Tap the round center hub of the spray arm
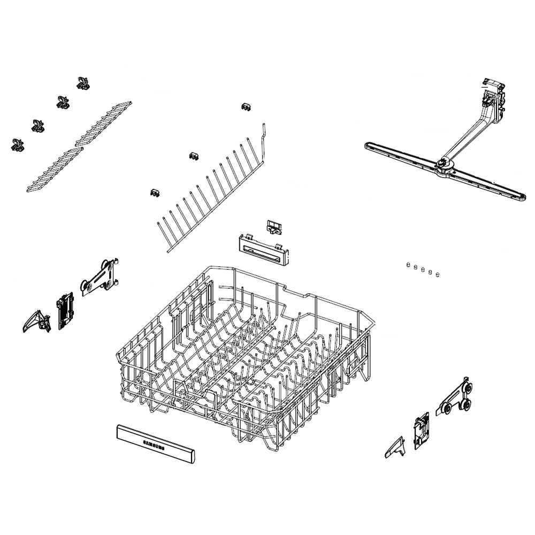point(443,162)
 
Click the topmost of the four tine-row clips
point(82,83)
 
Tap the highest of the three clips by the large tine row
point(246,107)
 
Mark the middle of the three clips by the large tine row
point(194,156)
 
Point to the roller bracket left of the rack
point(100,277)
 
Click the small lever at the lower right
point(395,447)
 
